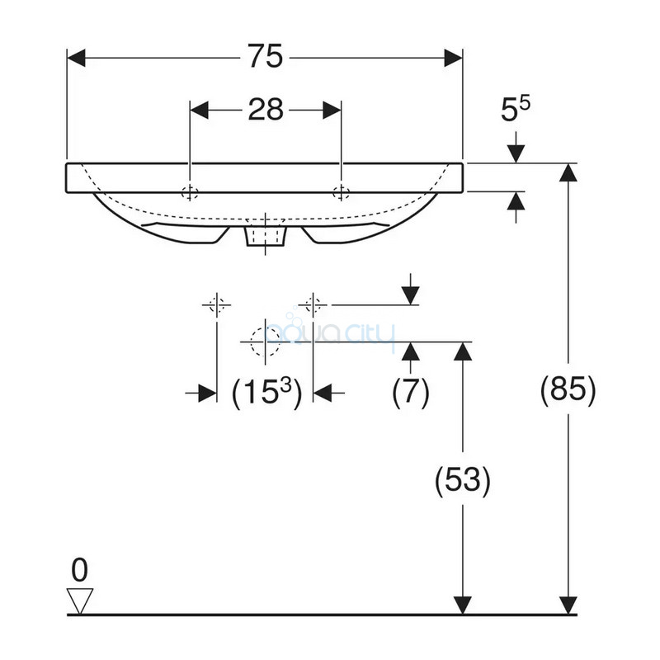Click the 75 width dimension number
point(265,56)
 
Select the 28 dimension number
point(266,110)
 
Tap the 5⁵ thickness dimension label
point(516,109)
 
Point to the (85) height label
point(568,389)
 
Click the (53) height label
point(463,480)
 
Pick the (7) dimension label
point(410,391)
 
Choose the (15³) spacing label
point(266,393)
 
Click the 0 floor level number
point(79,570)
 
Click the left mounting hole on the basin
point(190,193)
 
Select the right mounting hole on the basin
point(341,192)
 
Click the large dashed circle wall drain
point(265,342)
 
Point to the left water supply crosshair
point(217,304)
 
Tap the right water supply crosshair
point(313,304)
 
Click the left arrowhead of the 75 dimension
point(76,58)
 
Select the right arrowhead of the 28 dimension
point(332,111)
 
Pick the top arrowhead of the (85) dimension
point(568,172)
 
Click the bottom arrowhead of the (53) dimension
point(463,606)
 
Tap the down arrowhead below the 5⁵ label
point(516,153)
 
